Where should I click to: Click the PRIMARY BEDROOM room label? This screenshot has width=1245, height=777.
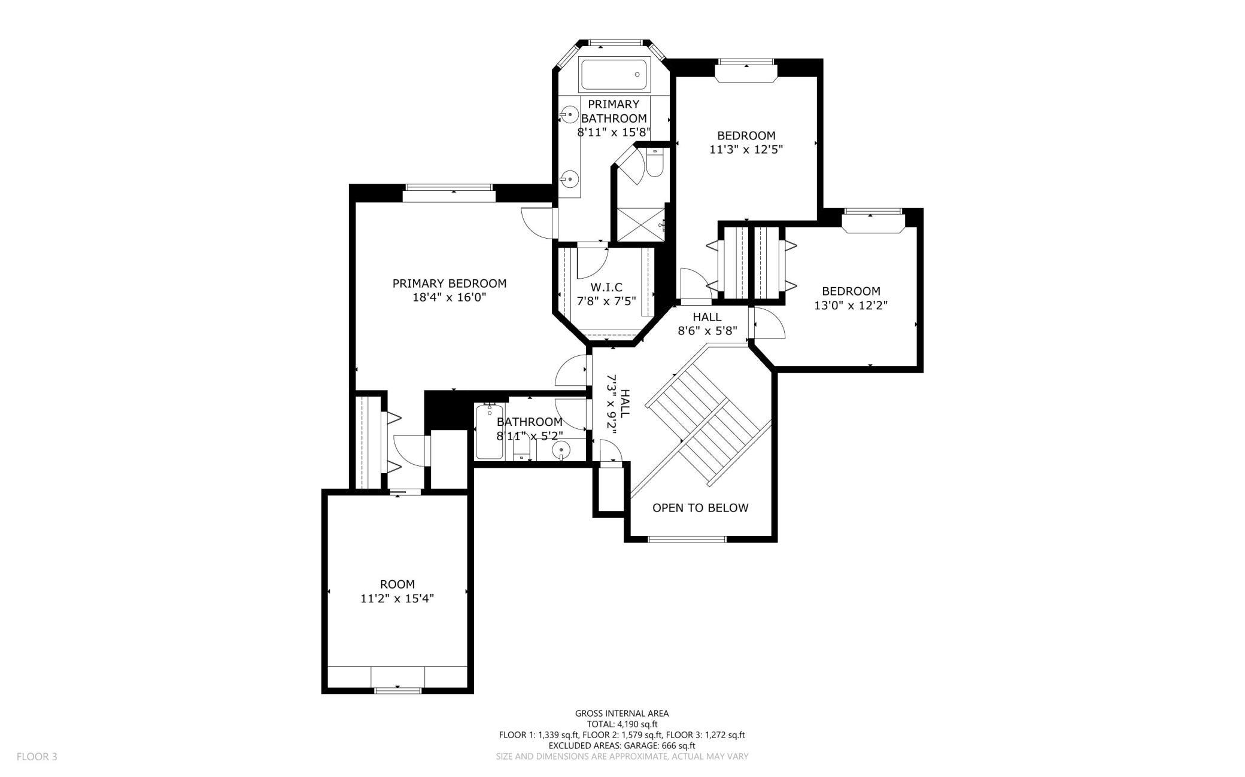[449, 284]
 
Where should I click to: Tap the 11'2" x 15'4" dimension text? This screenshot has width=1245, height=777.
[397, 598]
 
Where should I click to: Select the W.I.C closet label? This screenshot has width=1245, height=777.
[606, 288]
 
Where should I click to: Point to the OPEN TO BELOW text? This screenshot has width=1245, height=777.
[700, 508]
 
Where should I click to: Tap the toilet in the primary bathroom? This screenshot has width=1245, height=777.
[654, 163]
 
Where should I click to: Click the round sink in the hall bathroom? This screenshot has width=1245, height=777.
[560, 450]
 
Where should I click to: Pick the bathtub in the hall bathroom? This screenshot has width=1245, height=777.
[490, 432]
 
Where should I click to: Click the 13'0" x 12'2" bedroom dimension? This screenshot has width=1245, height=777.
[851, 305]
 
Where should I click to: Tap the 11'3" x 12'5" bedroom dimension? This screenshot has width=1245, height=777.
[746, 150]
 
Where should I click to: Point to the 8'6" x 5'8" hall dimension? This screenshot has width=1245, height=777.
[707, 330]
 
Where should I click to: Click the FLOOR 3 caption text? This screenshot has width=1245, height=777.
[37, 757]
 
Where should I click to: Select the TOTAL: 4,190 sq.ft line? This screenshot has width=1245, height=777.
[622, 724]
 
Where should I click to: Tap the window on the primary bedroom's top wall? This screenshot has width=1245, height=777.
[449, 188]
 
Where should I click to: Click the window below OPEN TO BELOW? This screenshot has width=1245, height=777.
[687, 539]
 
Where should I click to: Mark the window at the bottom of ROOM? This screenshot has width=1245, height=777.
[397, 690]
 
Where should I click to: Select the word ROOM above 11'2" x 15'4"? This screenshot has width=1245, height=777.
[397, 584]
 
